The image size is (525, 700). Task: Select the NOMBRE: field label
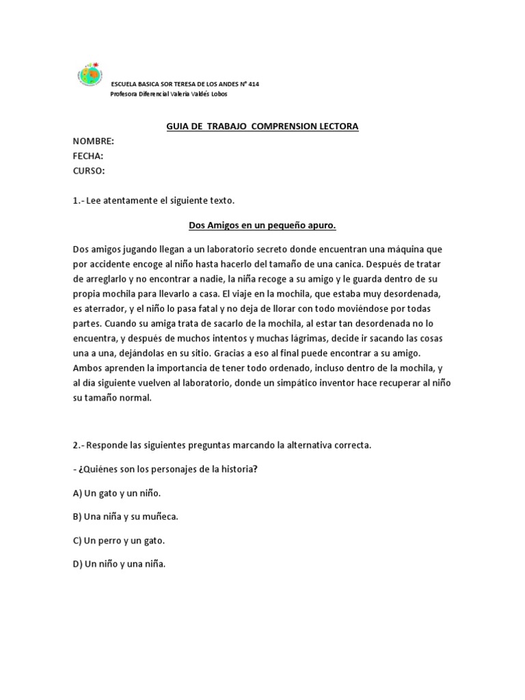[x=93, y=142]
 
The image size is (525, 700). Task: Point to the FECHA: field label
[x=88, y=156]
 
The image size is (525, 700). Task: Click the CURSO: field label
[x=89, y=170]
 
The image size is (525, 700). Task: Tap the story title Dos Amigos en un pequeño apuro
[x=262, y=225]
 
